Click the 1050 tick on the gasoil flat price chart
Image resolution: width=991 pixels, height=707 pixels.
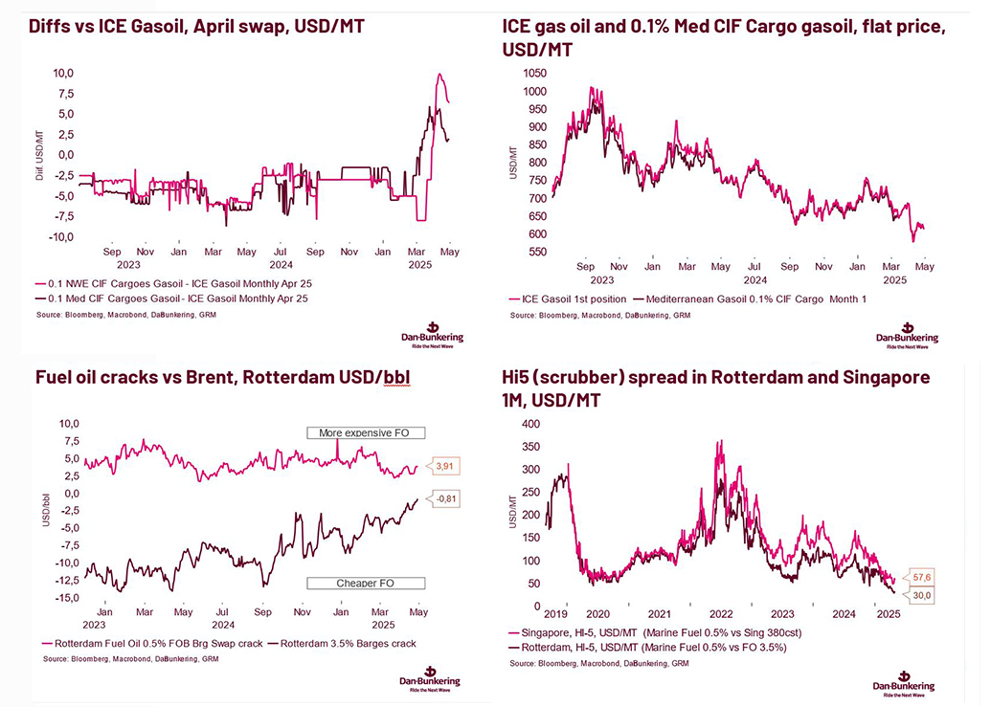[x=533, y=74]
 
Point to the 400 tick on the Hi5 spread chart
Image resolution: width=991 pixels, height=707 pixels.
[x=529, y=423]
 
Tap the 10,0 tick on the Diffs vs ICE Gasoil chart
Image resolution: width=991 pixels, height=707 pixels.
[x=62, y=73]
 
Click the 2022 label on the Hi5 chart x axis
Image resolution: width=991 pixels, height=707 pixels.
[x=720, y=614]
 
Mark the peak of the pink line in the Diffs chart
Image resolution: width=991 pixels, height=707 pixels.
[x=439, y=75]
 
